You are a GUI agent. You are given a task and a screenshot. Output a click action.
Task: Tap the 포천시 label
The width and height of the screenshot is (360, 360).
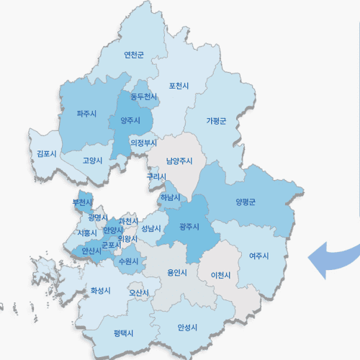[179, 86]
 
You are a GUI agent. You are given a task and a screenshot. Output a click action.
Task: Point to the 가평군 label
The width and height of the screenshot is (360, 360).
[216, 120]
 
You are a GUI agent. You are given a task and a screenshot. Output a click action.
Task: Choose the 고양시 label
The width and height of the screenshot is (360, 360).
[92, 161]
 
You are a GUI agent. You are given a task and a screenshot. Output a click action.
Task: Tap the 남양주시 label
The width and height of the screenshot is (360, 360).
[180, 161]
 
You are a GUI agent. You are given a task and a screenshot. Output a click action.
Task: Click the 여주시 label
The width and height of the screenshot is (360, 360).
[258, 256]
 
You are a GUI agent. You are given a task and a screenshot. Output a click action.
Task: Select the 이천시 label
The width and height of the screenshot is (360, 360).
[221, 276]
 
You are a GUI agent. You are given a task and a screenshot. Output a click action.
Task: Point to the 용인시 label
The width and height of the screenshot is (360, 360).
[176, 273]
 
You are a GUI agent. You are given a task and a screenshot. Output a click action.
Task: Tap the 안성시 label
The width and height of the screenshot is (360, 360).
[187, 328]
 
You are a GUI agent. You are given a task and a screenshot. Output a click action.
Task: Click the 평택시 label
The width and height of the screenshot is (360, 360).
[124, 333]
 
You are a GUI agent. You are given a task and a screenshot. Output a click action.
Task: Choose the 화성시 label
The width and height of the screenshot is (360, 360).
[101, 292]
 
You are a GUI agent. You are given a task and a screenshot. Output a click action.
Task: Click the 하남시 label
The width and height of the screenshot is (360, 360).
[171, 197]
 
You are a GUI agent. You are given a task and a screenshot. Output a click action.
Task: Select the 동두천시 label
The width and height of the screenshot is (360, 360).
[144, 96]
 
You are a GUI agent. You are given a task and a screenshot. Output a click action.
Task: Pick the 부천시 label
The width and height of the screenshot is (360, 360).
[82, 203]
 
